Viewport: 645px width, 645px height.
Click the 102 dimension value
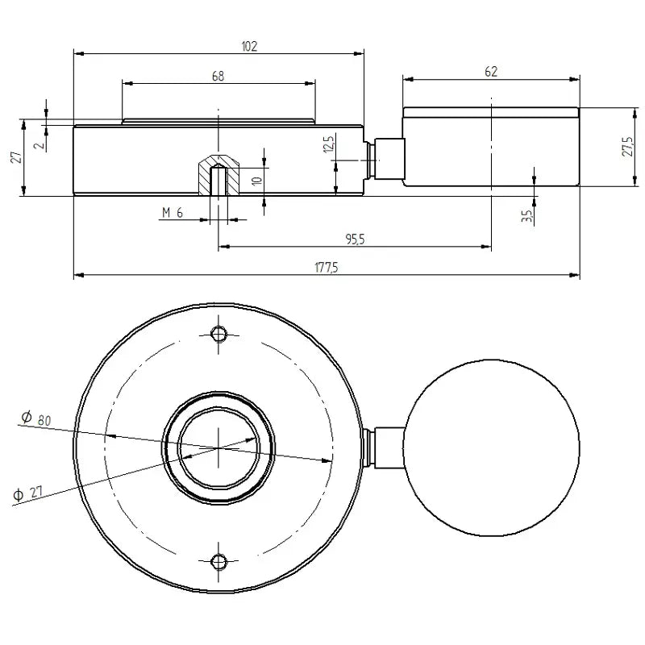(249, 47)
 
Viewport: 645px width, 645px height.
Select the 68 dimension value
(218, 76)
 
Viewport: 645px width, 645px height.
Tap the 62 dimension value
(491, 72)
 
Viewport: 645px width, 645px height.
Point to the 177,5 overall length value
(326, 268)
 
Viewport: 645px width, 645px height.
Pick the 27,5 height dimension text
(628, 146)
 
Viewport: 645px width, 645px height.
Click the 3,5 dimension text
(526, 216)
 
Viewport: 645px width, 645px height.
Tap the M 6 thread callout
(173, 212)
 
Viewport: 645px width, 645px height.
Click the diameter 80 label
(36, 418)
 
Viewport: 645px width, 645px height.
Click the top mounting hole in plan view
(218, 334)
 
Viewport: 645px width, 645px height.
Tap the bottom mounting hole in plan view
(218, 561)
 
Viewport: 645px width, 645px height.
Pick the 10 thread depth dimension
(256, 181)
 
